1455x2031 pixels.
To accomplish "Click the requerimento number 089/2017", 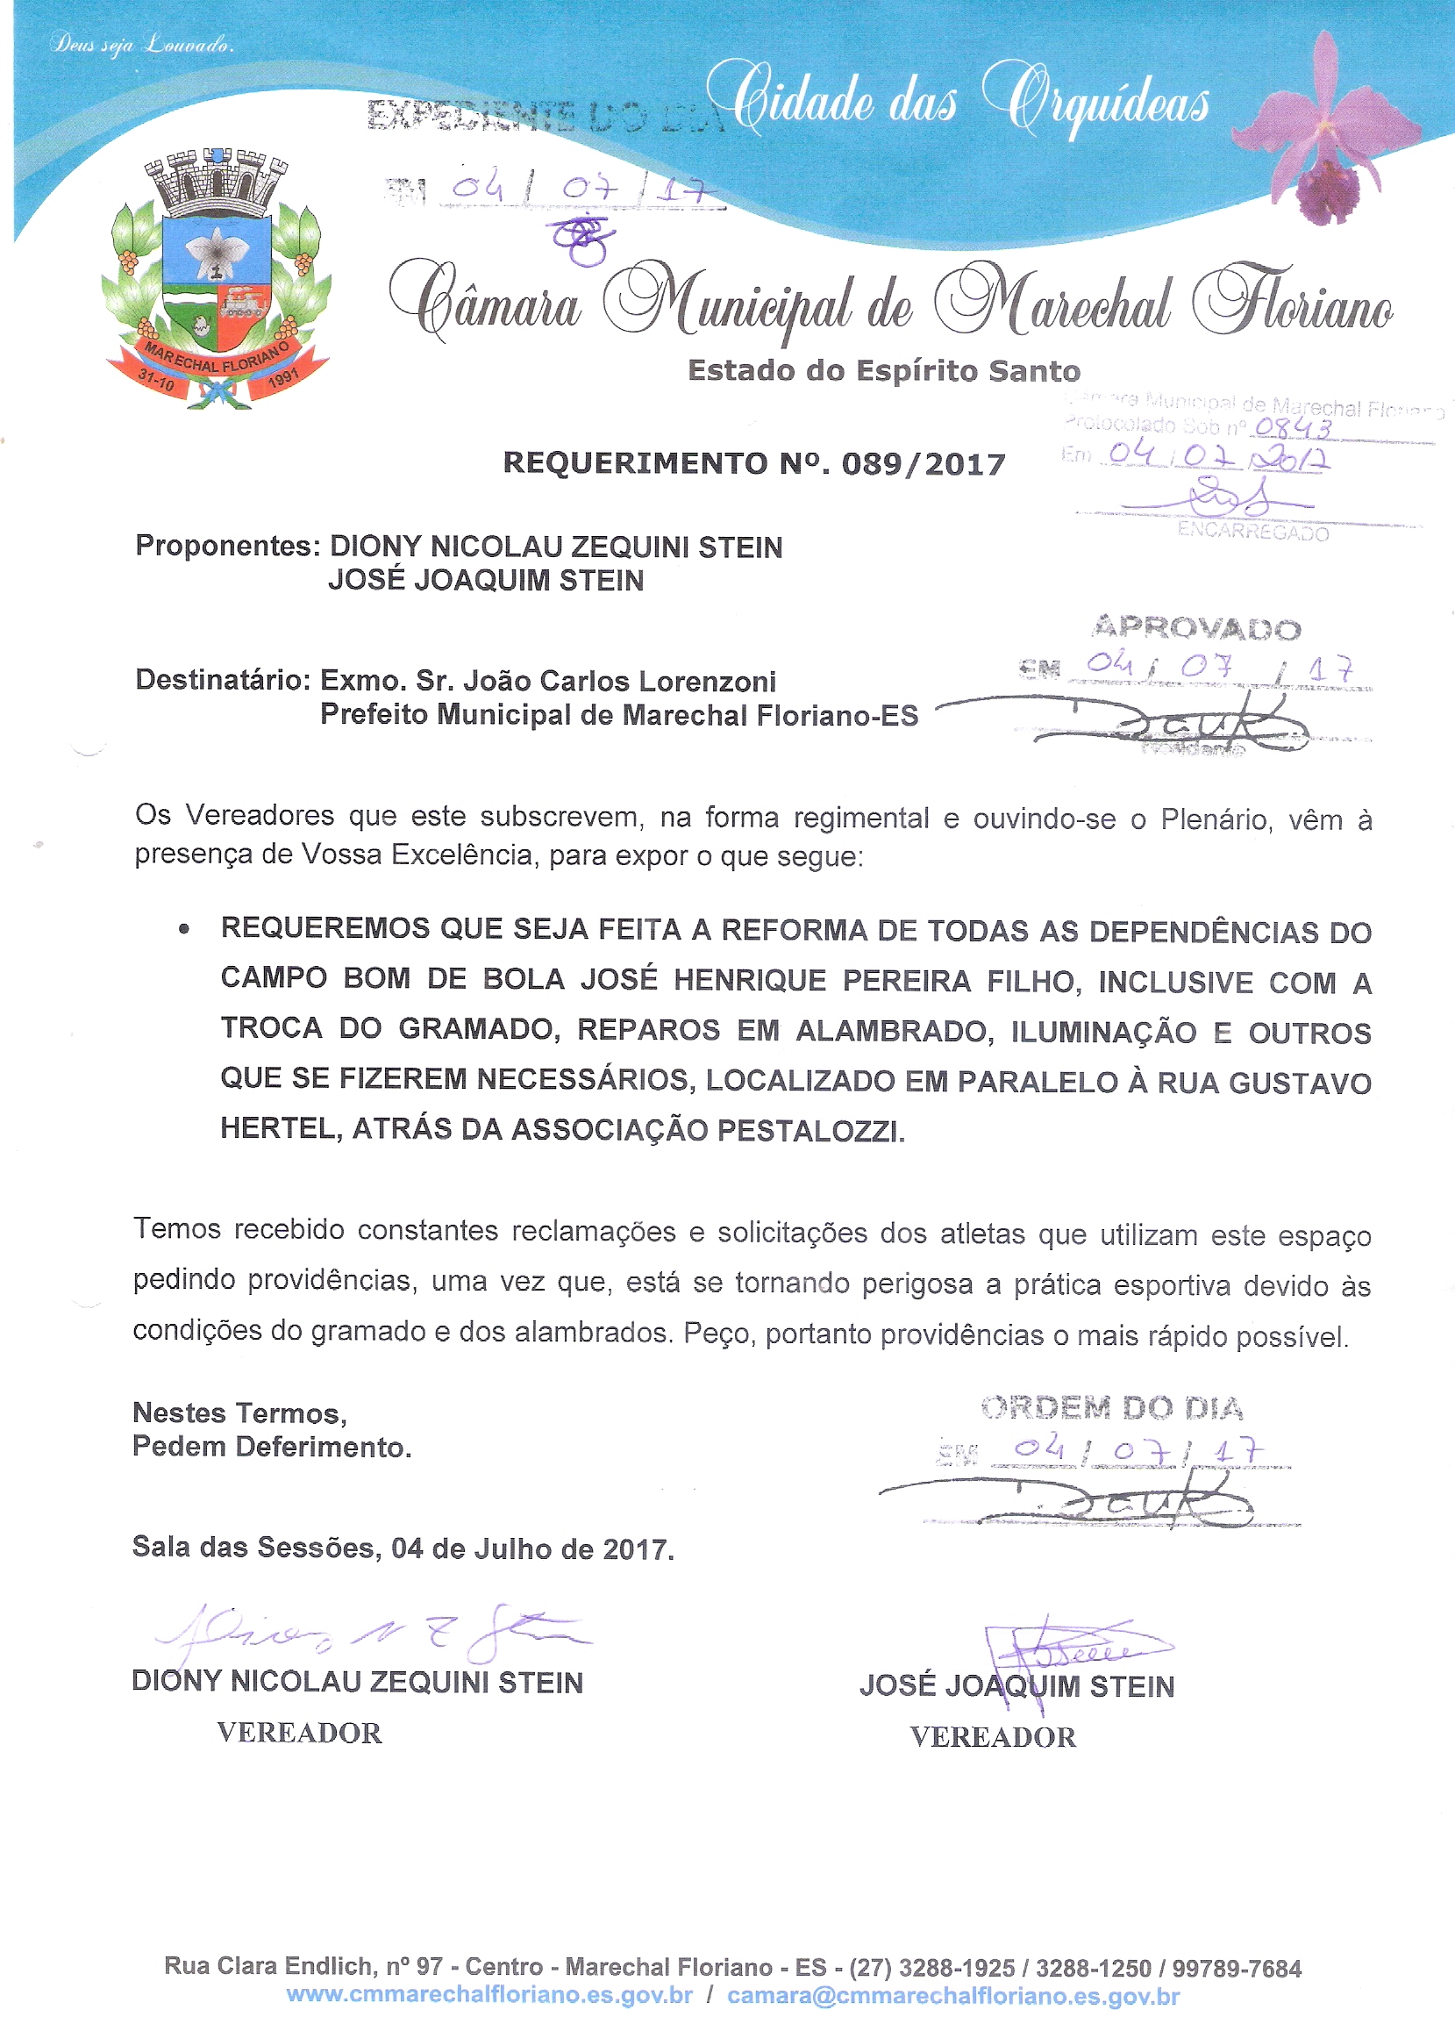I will pos(924,464).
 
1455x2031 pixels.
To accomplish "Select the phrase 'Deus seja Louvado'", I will pos(142,44).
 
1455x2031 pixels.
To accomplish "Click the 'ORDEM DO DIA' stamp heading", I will pos(1112,1409).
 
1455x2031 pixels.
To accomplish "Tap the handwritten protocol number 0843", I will pos(1293,429).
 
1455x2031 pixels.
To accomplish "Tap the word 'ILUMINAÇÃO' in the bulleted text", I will pos(1103,1032).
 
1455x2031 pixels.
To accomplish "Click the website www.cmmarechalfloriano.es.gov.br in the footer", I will pos(489,1995).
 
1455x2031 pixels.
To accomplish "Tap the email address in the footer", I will pos(952,1996).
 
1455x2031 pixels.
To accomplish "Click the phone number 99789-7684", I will pos(1237,1969).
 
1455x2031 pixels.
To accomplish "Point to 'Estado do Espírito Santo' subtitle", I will pos(884,371).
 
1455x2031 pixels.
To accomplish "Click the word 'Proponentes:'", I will pos(227,546).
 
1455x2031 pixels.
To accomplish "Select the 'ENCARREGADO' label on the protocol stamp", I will pos(1252,532).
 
